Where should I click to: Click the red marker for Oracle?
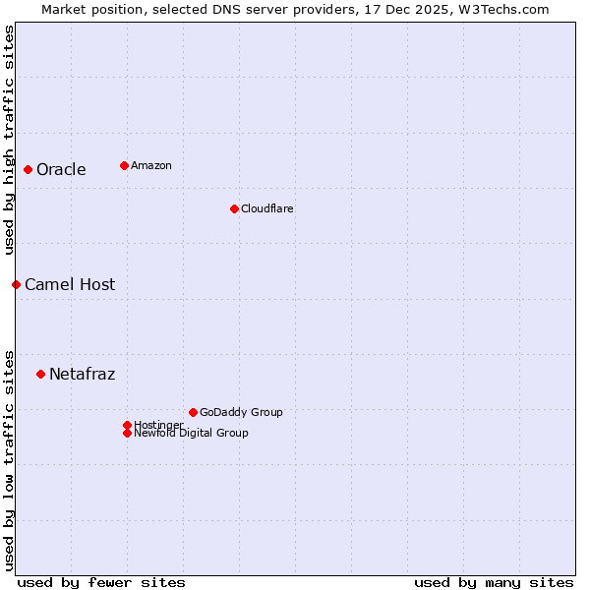(28, 169)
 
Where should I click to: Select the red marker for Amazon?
(124, 165)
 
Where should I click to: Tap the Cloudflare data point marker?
(234, 208)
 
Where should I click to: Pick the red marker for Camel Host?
(16, 284)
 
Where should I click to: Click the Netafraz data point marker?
(40, 374)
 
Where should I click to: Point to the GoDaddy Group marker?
(193, 412)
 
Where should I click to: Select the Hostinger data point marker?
(127, 425)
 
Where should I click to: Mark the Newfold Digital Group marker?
(127, 433)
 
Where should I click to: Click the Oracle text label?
(61, 169)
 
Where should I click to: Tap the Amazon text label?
(150, 165)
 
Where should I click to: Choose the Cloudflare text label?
(266, 208)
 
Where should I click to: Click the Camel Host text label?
(70, 284)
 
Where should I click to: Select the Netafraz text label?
(82, 374)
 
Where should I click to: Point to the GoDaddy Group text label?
(241, 412)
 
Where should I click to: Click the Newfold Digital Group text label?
(191, 433)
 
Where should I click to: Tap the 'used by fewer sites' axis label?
(101, 582)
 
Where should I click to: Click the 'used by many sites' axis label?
(494, 582)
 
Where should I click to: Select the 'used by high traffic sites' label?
(9, 140)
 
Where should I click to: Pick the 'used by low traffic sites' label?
(9, 459)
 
